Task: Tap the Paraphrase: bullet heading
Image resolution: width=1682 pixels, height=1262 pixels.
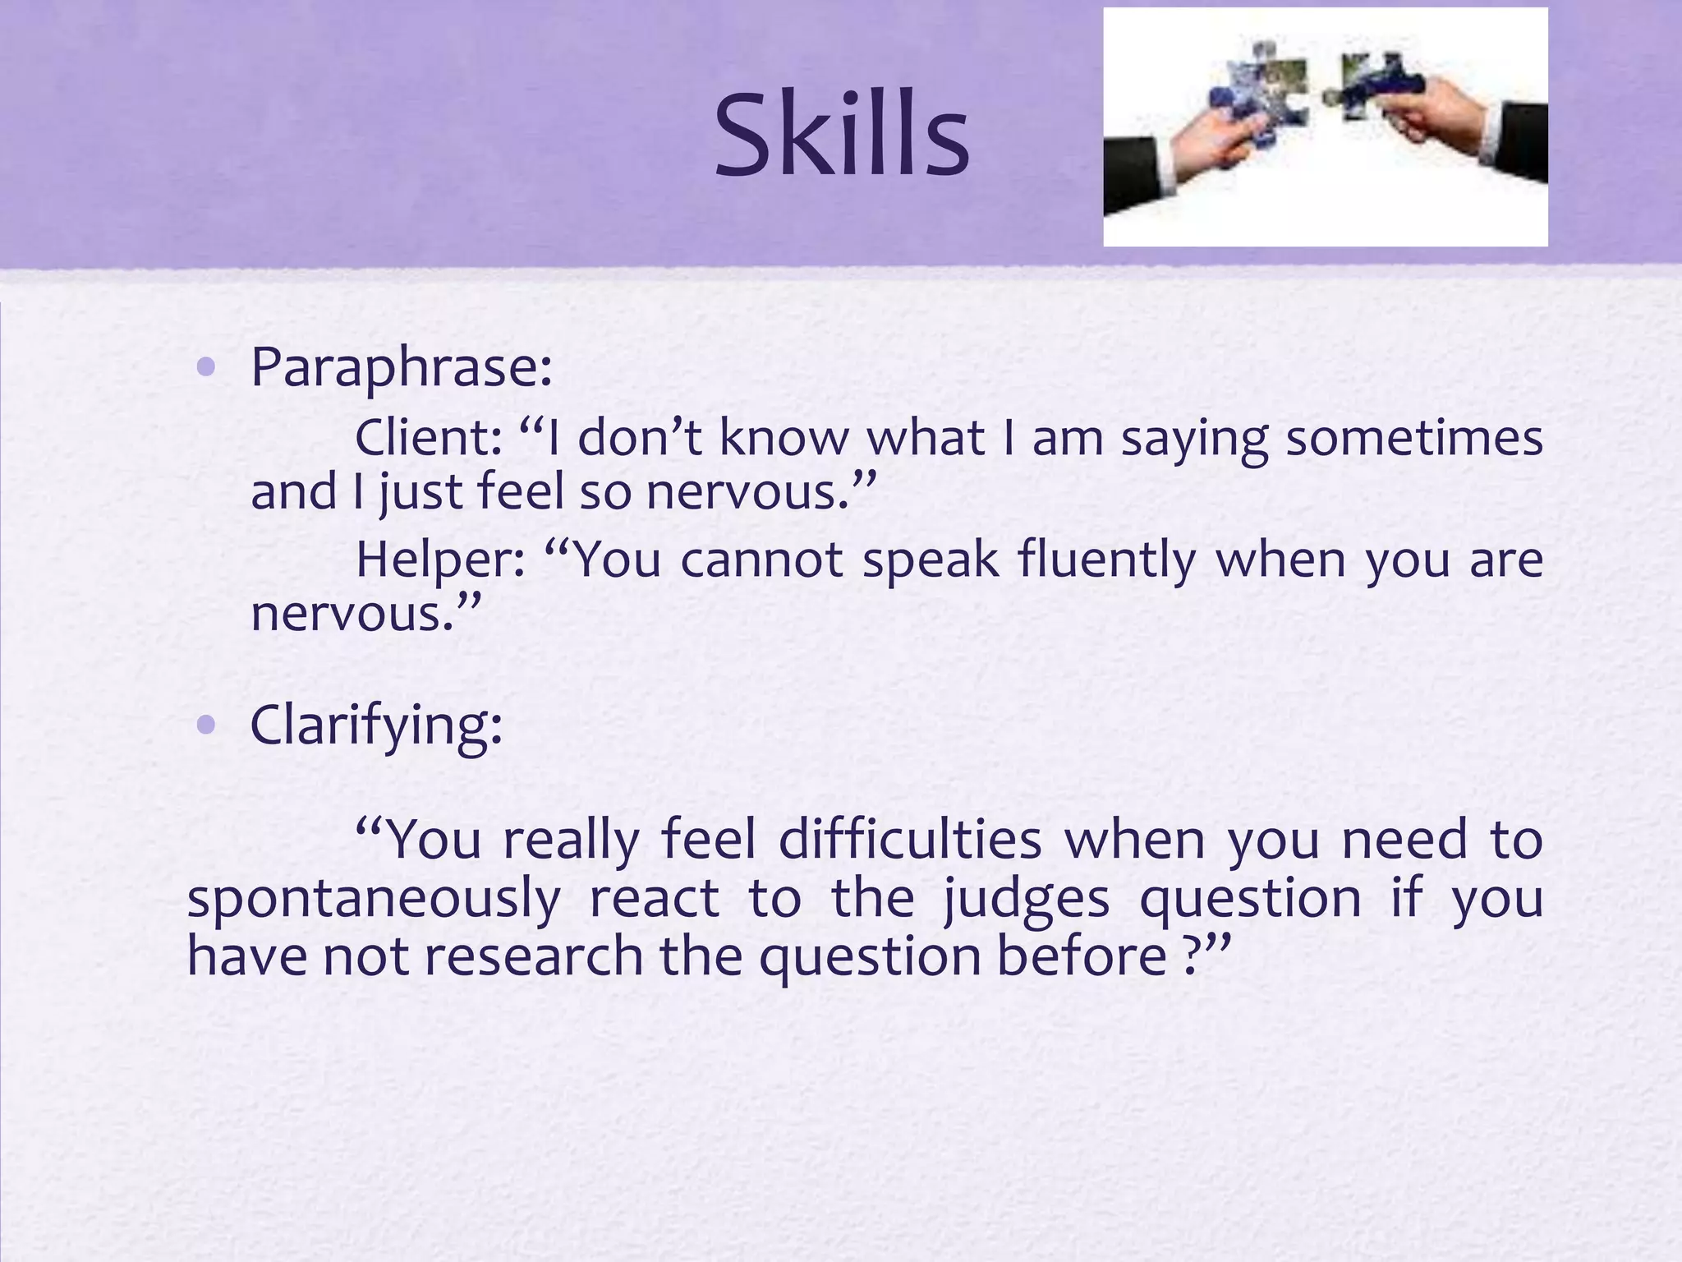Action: pos(401,367)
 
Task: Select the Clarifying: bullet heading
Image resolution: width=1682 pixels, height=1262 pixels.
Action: pos(375,725)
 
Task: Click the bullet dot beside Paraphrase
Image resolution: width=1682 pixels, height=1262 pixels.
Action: pos(207,369)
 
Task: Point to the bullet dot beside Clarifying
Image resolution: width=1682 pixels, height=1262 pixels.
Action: pos(207,725)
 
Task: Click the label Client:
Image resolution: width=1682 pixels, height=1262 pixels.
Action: pos(428,438)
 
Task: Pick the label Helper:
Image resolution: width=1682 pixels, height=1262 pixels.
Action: pos(440,560)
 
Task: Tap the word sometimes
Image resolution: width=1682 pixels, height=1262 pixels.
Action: pos(1413,438)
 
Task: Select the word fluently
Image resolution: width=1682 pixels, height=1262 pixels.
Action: pos(1105,560)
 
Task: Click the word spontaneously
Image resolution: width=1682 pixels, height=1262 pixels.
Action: pos(374,900)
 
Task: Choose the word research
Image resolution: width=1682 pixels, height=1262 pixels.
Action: pos(533,957)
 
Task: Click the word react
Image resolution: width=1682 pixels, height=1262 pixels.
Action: pos(654,898)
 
